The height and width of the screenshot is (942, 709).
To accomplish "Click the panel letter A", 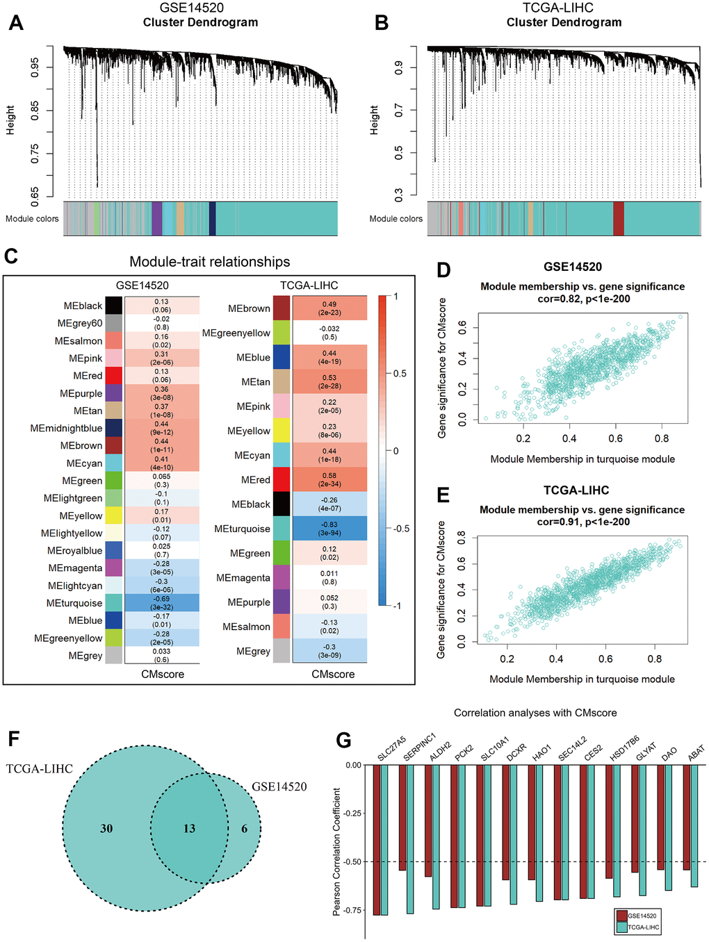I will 16,23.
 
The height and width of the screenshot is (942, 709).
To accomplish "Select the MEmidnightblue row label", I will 66,428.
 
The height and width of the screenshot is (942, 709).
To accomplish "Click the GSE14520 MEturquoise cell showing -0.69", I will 162,602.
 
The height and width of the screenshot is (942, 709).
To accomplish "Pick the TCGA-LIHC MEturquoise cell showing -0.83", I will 329,529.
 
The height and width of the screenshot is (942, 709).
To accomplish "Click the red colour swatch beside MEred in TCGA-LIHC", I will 282,479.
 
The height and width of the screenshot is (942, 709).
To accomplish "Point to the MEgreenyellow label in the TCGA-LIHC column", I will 236,333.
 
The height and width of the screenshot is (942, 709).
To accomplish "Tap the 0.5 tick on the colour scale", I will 400,373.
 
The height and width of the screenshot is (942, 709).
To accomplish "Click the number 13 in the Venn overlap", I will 189,828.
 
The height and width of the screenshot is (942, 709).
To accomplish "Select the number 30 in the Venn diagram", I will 106,828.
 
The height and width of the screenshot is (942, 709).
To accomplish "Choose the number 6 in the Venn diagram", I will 244,828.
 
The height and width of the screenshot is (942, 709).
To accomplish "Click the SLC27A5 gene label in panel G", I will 391,748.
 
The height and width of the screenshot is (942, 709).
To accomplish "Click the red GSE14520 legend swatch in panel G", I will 621,916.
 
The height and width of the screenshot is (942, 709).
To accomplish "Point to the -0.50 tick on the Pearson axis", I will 353,861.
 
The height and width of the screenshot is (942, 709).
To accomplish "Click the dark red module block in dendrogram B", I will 618,219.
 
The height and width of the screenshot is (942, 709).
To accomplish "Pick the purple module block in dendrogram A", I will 156,219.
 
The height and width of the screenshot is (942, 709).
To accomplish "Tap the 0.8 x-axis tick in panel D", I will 662,438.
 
